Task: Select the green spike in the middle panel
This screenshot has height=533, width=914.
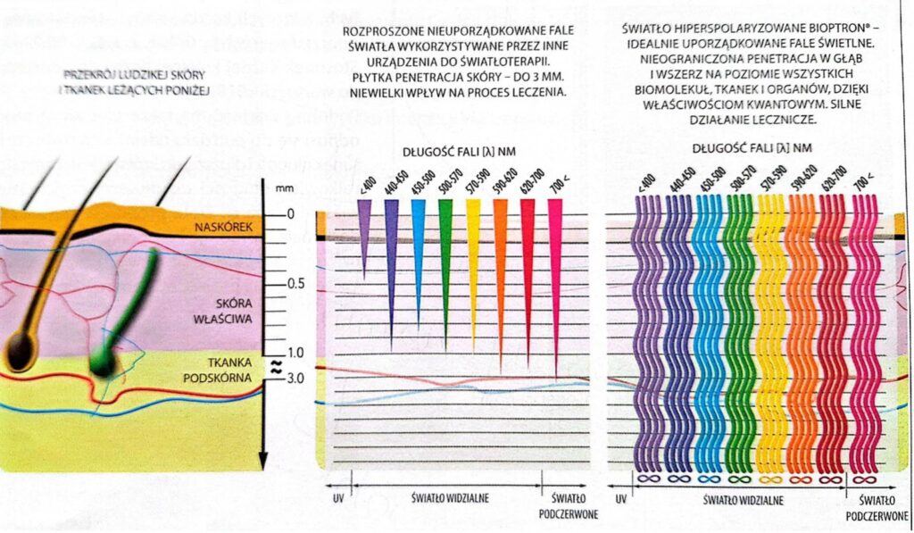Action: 445,259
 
